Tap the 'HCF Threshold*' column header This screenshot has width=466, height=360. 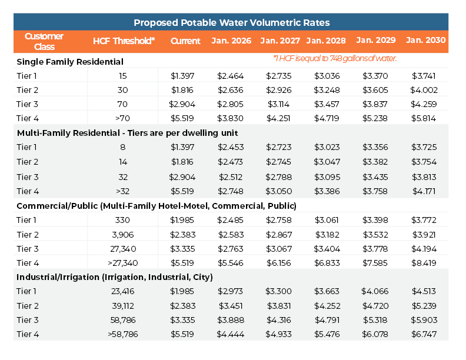[x=124, y=41]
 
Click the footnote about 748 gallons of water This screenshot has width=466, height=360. [x=335, y=58]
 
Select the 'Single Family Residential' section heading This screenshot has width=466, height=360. [x=70, y=61]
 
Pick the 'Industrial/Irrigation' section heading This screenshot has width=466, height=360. [x=115, y=277]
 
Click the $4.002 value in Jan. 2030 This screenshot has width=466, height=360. [x=425, y=90]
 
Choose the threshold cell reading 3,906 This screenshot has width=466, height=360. [x=122, y=234]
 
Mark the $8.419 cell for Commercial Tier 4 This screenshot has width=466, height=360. [x=425, y=263]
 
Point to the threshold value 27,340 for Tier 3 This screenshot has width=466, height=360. [x=122, y=249]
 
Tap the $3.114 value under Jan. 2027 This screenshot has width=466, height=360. [x=278, y=104]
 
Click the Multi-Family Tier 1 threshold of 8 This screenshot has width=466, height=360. [x=122, y=147]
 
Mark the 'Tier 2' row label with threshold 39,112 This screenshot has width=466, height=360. [x=27, y=306]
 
